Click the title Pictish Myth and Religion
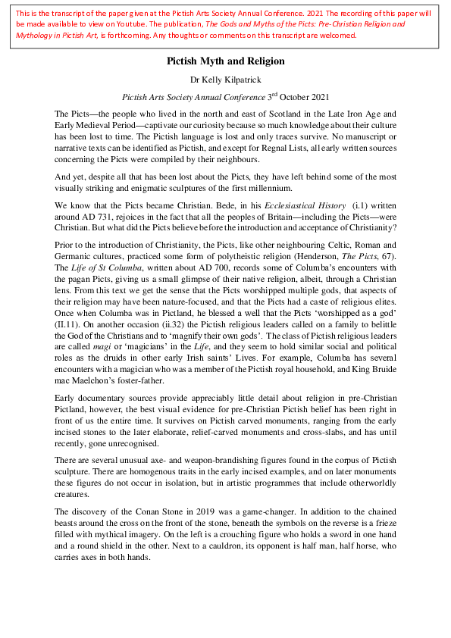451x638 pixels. point(226,61)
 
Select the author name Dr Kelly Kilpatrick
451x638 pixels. point(226,79)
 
